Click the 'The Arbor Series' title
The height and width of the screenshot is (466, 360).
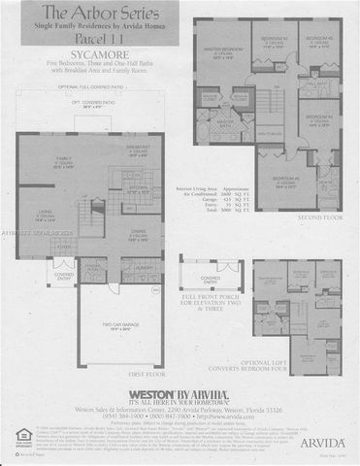[x=93, y=14]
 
